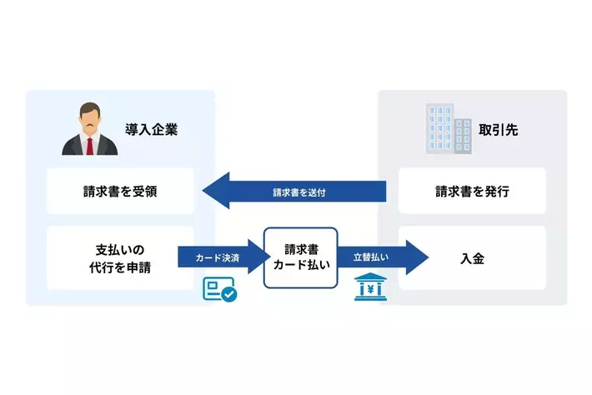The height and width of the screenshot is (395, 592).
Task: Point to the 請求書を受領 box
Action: pyautogui.click(x=120, y=192)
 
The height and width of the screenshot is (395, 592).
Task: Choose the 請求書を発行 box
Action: pyautogui.click(x=472, y=192)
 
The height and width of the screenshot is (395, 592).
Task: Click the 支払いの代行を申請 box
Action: pyautogui.click(x=120, y=258)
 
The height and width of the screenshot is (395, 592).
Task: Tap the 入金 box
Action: pyautogui.click(x=472, y=258)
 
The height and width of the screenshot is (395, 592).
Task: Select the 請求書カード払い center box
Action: pyautogui.click(x=301, y=258)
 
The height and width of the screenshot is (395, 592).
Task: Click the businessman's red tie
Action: pyautogui.click(x=86, y=142)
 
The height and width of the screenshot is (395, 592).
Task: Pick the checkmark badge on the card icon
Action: pyautogui.click(x=228, y=294)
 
